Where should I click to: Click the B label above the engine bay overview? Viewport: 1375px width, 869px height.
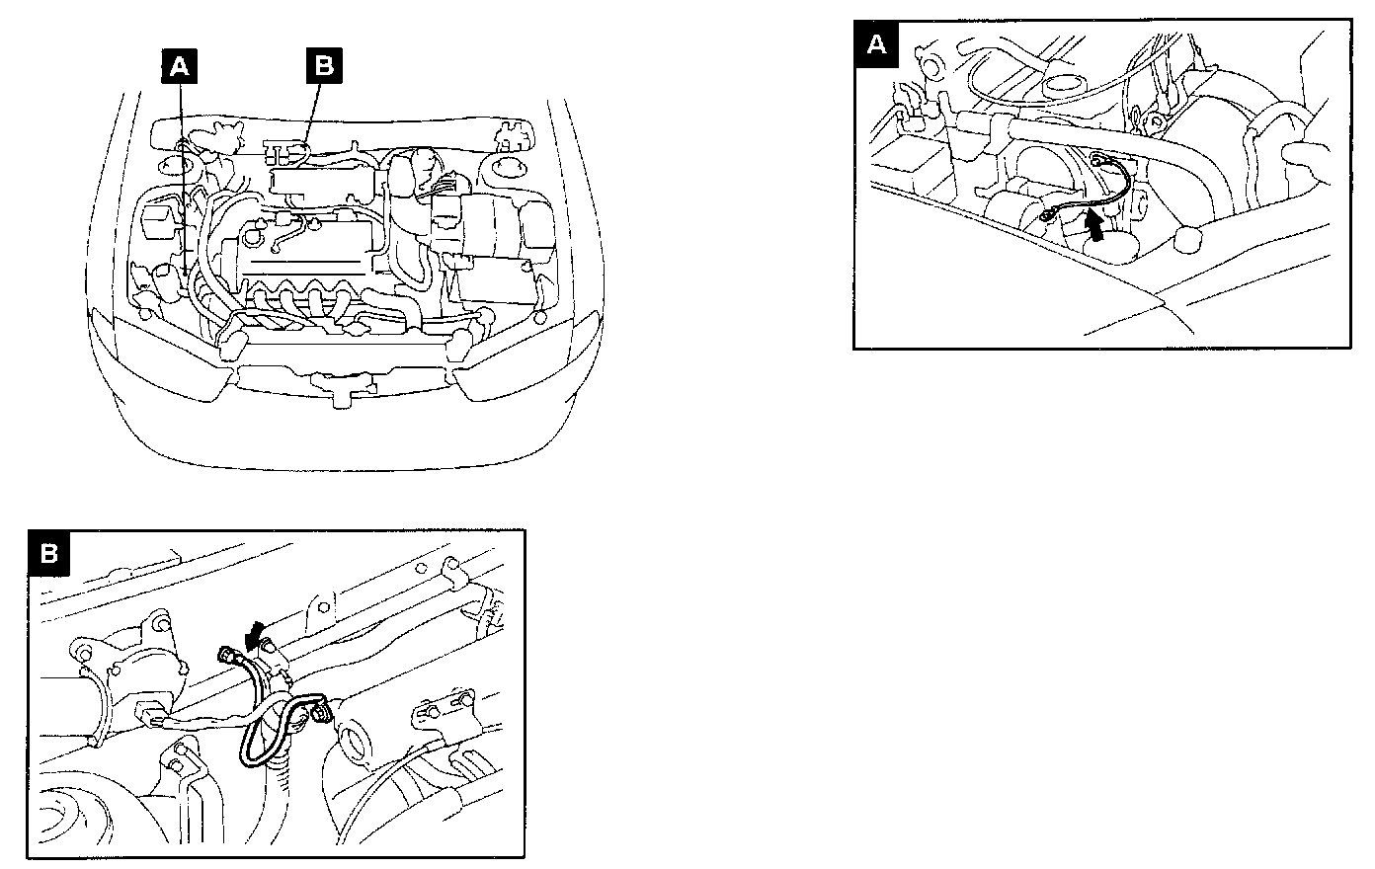point(324,67)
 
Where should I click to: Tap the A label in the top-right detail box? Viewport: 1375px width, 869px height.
point(876,44)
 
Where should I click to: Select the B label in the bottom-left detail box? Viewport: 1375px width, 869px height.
point(48,554)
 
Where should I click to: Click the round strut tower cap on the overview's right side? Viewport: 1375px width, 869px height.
point(505,168)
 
